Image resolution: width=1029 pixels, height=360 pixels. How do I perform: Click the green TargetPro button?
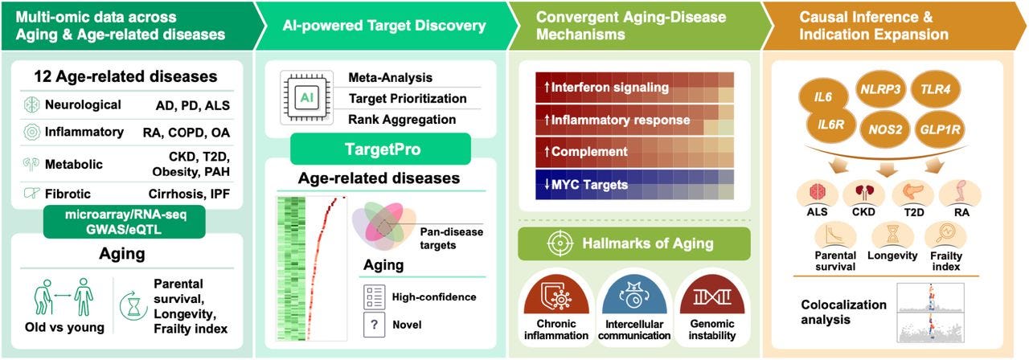click(379, 149)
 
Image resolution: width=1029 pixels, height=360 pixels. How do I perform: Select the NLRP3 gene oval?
click(878, 91)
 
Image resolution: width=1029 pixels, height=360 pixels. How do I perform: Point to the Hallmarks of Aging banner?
click(633, 243)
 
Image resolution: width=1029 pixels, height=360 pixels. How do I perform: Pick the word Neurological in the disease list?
click(84, 104)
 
